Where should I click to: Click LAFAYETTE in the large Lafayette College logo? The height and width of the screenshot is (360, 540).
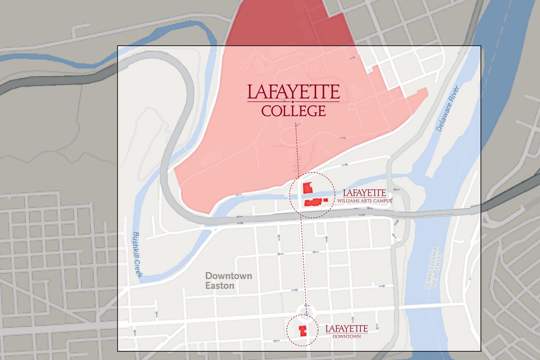(293, 92)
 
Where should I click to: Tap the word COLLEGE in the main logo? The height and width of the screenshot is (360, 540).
(293, 111)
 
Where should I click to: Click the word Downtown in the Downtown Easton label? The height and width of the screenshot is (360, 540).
(228, 276)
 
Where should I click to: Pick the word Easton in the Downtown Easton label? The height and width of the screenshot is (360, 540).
(220, 286)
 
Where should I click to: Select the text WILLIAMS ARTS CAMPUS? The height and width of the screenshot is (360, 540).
(364, 201)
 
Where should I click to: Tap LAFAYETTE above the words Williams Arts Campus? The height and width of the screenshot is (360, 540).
(364, 193)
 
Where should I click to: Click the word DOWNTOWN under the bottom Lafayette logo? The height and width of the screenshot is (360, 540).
(346, 336)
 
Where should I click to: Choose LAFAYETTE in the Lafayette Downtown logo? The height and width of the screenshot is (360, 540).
(346, 329)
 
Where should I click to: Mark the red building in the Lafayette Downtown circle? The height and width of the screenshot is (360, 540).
(302, 331)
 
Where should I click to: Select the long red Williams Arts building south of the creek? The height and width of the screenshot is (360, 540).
(313, 202)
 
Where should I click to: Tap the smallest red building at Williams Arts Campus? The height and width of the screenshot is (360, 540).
(325, 200)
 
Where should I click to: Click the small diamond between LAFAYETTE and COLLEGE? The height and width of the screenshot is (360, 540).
(293, 102)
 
